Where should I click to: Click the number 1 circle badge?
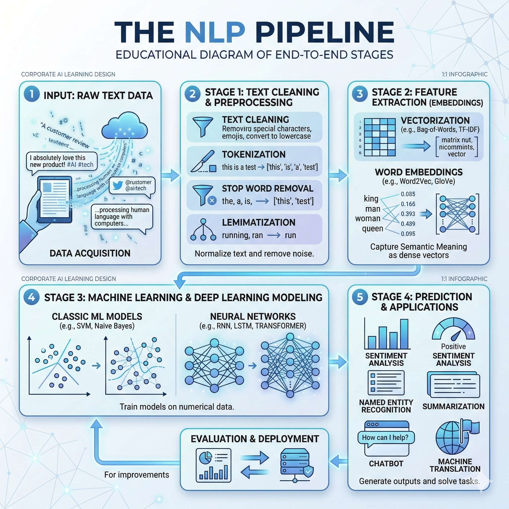point(32,94)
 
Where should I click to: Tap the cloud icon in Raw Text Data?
point(124,126)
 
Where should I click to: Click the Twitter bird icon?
point(118,185)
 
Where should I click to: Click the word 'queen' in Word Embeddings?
point(372,228)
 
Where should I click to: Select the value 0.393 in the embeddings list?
point(408,214)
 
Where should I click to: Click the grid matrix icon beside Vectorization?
point(379,137)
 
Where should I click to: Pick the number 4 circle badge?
point(32,297)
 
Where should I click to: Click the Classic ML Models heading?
point(97,316)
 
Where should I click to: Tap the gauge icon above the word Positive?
point(453,329)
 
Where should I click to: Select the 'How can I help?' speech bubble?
point(386,438)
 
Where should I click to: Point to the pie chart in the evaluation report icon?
point(206,458)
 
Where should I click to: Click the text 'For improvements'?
point(137,475)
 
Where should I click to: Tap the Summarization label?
point(453,407)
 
